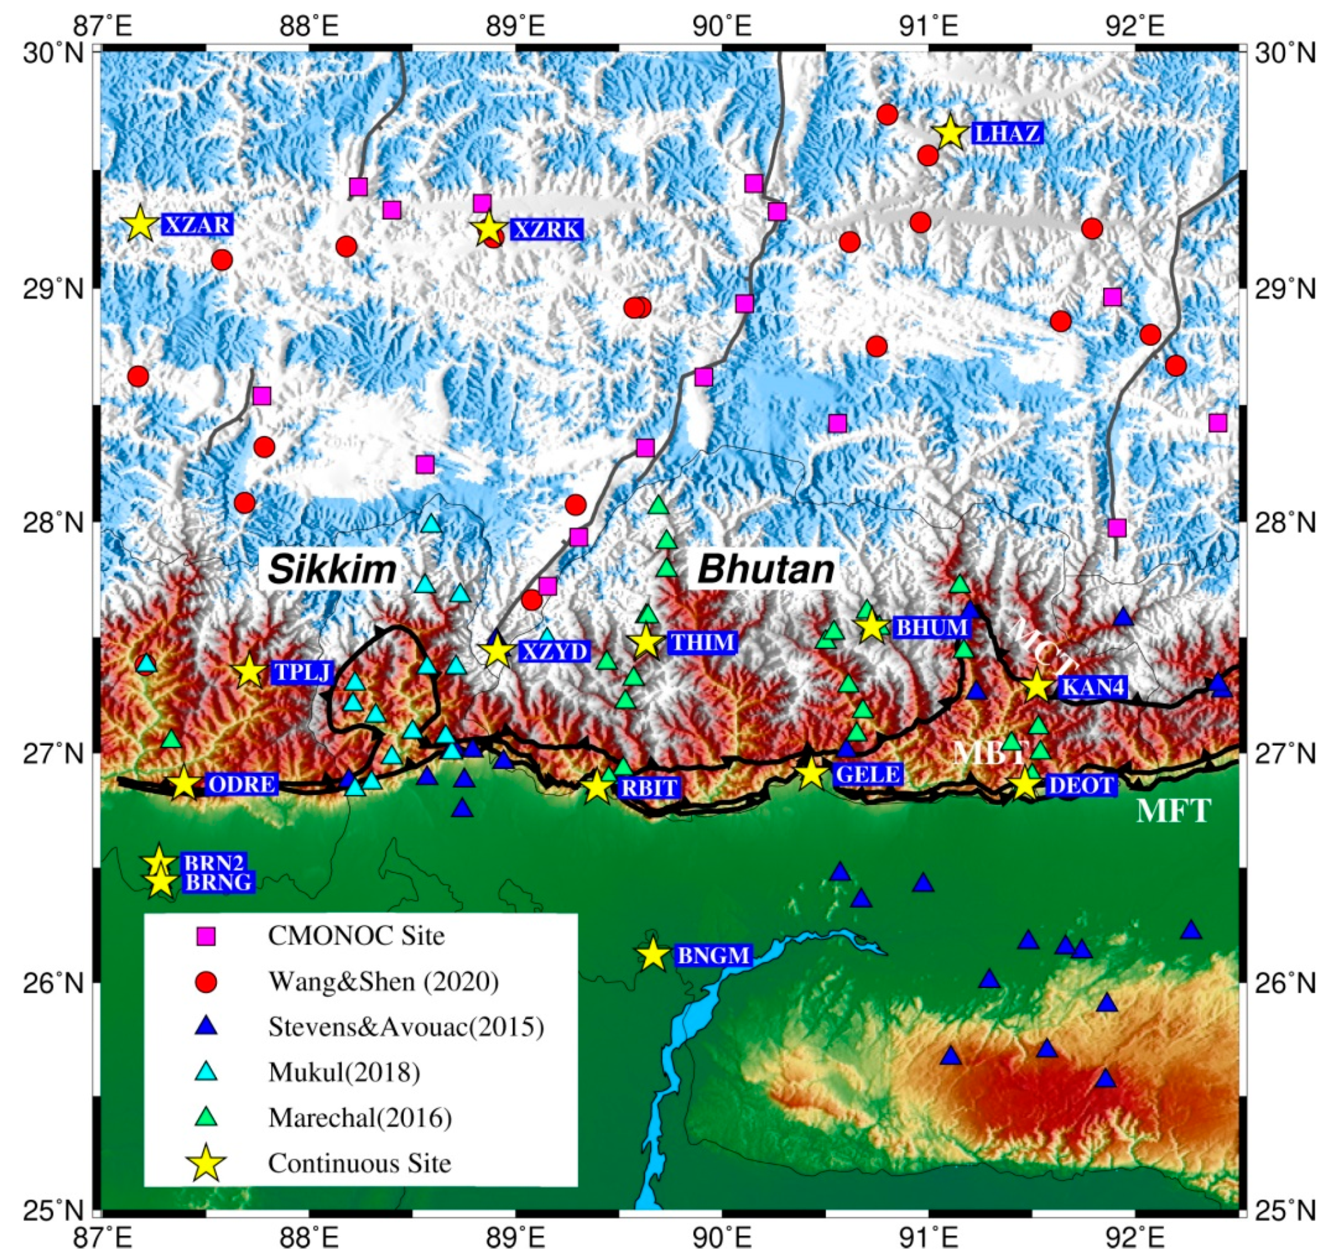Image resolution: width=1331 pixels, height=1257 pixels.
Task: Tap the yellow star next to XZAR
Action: pyautogui.click(x=140, y=223)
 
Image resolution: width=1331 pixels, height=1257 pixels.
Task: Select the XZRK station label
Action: pyautogui.click(x=546, y=230)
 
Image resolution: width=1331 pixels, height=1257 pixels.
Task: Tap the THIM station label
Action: pyautogui.click(x=702, y=642)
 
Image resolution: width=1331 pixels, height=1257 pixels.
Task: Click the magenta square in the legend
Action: pyautogui.click(x=207, y=936)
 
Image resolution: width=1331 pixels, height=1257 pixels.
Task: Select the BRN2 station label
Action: pyautogui.click(x=215, y=862)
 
